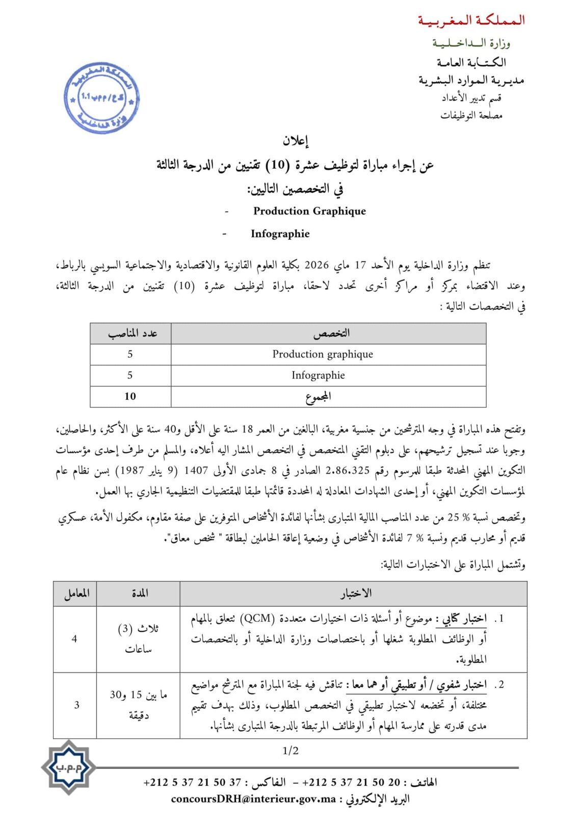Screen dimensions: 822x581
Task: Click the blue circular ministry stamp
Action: (101, 98)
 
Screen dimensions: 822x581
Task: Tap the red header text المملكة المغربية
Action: (471, 20)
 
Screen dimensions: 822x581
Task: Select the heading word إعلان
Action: (296, 140)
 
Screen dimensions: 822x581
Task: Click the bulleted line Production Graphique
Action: (309, 211)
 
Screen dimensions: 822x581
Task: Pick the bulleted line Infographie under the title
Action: (280, 234)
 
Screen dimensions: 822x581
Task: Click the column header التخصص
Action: (331, 333)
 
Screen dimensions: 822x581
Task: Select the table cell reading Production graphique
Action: (323, 354)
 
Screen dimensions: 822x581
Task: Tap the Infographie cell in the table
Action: (318, 375)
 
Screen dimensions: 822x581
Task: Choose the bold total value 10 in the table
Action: (130, 396)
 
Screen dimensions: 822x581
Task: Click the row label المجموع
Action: (318, 396)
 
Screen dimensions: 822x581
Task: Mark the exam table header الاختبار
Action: (356, 593)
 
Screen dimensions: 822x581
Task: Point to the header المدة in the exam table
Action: (139, 593)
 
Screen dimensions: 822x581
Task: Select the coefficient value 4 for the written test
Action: (74, 638)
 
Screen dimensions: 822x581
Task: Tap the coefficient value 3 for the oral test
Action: (77, 705)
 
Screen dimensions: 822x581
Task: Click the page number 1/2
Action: (290, 751)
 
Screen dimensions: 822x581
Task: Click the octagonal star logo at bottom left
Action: (68, 767)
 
